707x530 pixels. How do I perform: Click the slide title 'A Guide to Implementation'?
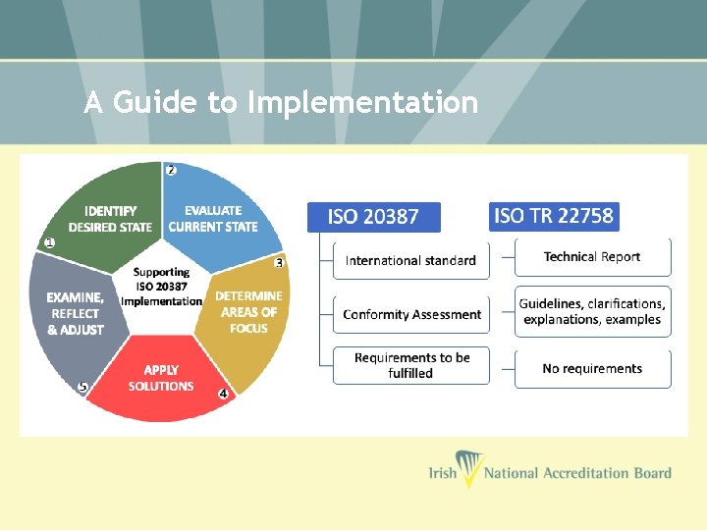(281, 102)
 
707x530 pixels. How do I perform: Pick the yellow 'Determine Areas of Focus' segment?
(247, 312)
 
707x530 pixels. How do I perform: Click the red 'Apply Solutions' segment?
(161, 378)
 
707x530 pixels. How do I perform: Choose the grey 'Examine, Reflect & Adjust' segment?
(75, 313)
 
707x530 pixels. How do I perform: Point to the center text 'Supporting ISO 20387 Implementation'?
(161, 287)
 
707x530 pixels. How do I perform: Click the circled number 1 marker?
(49, 242)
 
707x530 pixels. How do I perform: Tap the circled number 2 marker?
(171, 170)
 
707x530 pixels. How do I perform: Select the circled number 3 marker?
(279, 263)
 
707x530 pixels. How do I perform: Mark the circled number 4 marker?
(223, 394)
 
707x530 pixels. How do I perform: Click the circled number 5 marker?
(82, 388)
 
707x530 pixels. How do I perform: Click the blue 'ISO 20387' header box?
(374, 218)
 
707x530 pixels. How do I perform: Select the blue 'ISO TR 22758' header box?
(554, 216)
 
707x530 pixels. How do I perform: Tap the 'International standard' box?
(411, 260)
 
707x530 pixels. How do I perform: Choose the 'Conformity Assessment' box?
(411, 315)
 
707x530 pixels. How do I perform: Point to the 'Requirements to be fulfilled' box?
(411, 365)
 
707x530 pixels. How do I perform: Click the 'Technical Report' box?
(592, 257)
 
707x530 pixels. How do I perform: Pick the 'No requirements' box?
(592, 369)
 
